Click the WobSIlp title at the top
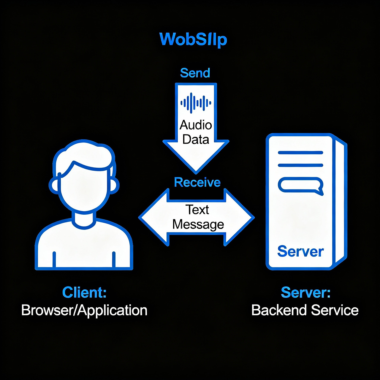(x=193, y=39)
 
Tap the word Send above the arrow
(x=195, y=73)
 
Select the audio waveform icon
(x=196, y=103)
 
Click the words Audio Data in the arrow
(x=196, y=132)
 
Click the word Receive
(x=197, y=182)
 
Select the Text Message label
(x=198, y=217)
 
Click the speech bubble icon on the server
(x=300, y=186)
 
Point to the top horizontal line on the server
(x=300, y=153)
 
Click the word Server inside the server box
(x=300, y=251)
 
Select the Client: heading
(x=84, y=292)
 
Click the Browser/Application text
(x=84, y=311)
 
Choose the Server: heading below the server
(x=305, y=292)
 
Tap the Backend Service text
(x=305, y=311)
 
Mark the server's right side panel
(x=340, y=202)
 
